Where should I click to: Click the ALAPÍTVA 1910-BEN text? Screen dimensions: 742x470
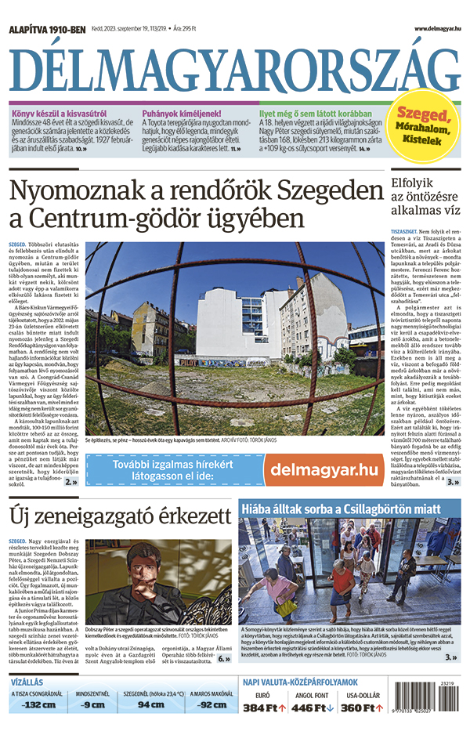[x=45, y=29]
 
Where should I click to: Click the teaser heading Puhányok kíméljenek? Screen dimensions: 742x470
[x=182, y=113]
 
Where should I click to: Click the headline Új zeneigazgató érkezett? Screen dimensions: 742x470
[x=120, y=516]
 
